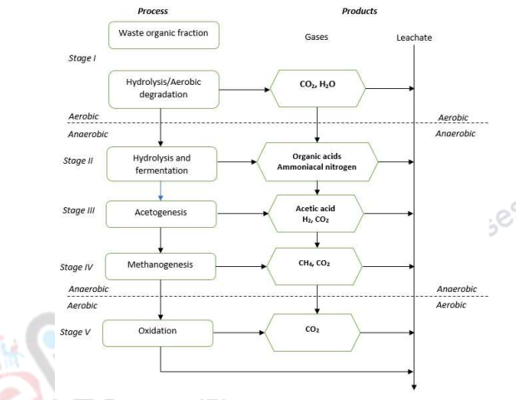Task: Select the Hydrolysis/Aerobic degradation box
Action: [163, 88]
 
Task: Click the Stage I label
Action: [82, 60]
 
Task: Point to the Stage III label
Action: [83, 210]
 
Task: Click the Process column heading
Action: [152, 12]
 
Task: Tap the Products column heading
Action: [359, 12]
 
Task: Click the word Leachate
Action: [414, 38]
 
